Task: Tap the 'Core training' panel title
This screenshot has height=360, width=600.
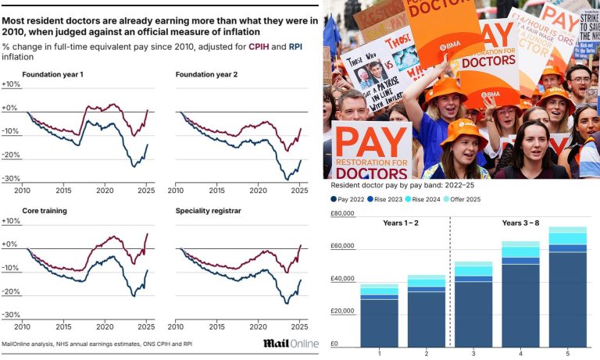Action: point(45,211)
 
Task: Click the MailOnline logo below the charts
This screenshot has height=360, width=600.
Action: point(291,344)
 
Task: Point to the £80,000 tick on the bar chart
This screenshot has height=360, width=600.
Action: point(343,214)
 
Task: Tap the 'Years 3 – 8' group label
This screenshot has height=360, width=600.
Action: point(520,223)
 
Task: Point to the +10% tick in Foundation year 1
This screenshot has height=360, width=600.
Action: point(11,84)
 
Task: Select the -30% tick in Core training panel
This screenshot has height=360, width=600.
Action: point(11,315)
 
